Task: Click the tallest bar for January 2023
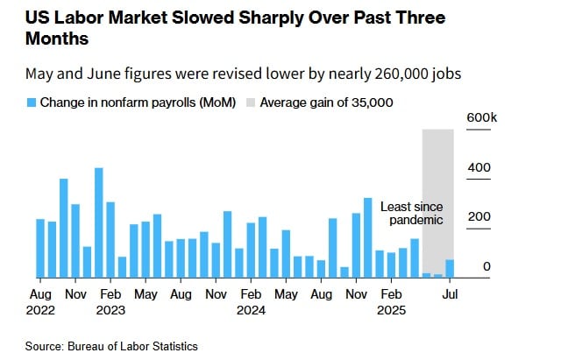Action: coord(99,222)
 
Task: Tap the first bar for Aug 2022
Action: coord(40,248)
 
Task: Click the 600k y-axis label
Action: coord(482,117)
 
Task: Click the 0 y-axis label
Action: coord(486,267)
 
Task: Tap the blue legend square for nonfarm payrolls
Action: coord(31,102)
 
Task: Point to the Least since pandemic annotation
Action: coord(411,213)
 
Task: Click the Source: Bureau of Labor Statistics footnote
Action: coord(111,346)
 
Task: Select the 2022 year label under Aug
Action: coord(40,310)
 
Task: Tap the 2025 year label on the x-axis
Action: coord(392,310)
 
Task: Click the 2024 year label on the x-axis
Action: coord(252,310)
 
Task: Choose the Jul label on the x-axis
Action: coord(450,295)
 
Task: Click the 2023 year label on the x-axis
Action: coord(111,310)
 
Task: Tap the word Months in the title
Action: coord(58,40)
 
